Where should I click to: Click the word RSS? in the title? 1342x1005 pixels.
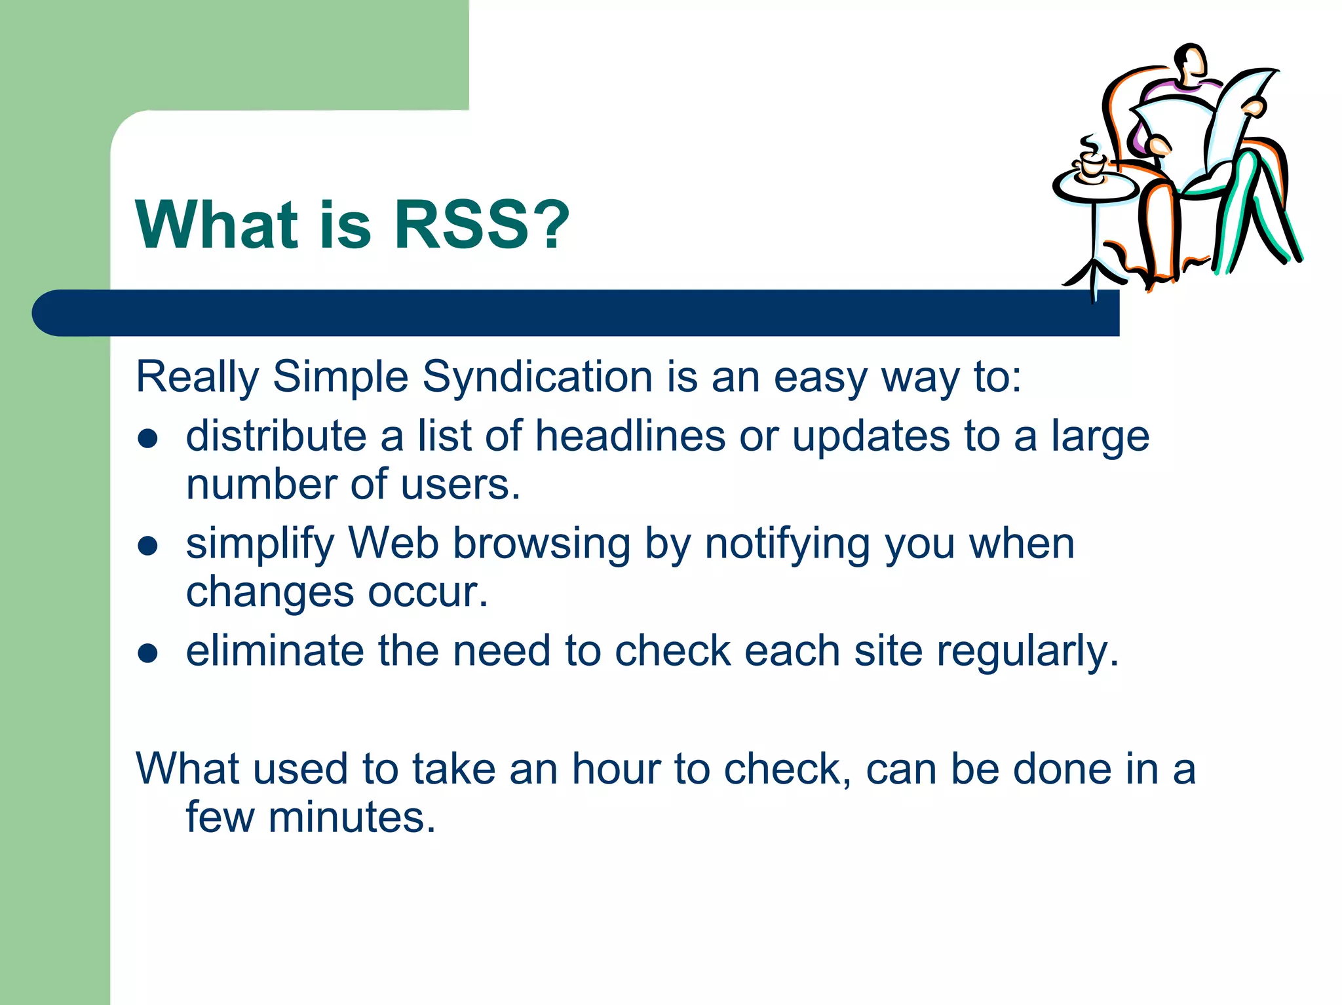481,225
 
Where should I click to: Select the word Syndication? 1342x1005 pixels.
537,377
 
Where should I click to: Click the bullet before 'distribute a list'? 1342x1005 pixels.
148,438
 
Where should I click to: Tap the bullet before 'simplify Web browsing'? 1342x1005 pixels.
148,546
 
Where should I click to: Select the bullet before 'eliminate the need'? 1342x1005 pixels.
148,653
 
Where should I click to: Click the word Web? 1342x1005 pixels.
393,544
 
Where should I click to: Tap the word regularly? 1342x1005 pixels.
1027,653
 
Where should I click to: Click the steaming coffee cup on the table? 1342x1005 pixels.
1091,162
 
